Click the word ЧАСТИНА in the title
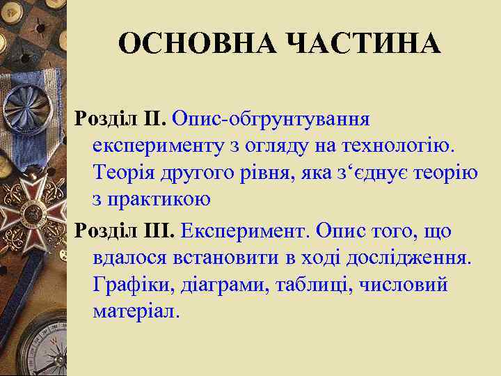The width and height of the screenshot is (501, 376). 364,43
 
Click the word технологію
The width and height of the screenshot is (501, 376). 391,146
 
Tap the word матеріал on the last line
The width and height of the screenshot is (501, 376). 136,311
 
